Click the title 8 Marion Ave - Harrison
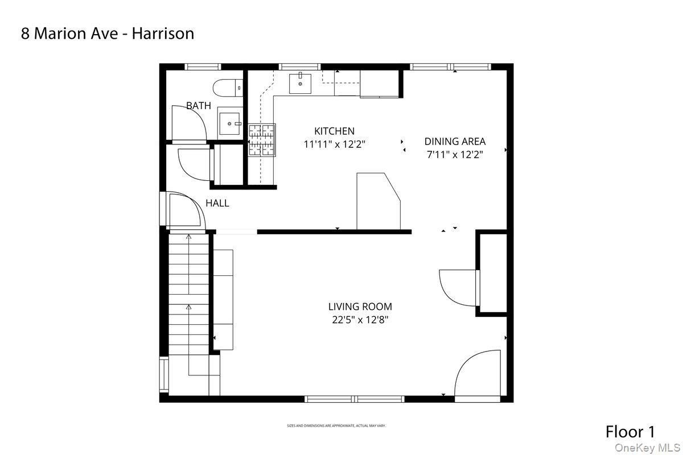(108, 34)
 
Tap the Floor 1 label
(630, 431)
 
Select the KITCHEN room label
(334, 131)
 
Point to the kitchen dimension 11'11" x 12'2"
(334, 144)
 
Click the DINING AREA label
(455, 142)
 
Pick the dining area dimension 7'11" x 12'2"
(455, 154)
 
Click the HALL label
(217, 203)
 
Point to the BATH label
(198, 106)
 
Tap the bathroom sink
(230, 122)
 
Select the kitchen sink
(300, 84)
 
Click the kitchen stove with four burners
(262, 140)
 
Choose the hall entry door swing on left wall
(184, 210)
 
